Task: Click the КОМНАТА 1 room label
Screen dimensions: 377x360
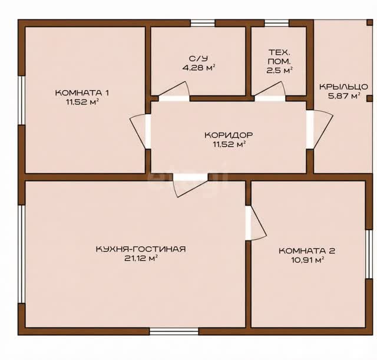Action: click(82, 93)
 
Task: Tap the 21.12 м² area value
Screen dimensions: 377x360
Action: click(141, 258)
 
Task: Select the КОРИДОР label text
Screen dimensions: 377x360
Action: click(229, 135)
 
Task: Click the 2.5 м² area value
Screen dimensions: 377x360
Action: click(279, 71)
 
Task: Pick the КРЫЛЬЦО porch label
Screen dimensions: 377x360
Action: click(343, 87)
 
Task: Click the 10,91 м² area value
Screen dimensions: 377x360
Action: click(307, 260)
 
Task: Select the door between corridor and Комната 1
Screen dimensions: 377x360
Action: click(141, 131)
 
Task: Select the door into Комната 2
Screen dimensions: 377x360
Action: click(256, 223)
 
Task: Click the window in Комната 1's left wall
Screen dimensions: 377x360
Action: click(22, 100)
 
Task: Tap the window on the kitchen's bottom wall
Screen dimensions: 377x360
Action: click(174, 331)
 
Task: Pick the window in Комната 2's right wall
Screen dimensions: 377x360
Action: click(368, 254)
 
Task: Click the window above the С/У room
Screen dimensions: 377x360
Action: click(203, 23)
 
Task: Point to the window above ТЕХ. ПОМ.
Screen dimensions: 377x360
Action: click(276, 23)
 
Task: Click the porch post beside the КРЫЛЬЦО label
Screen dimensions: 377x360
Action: click(369, 98)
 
